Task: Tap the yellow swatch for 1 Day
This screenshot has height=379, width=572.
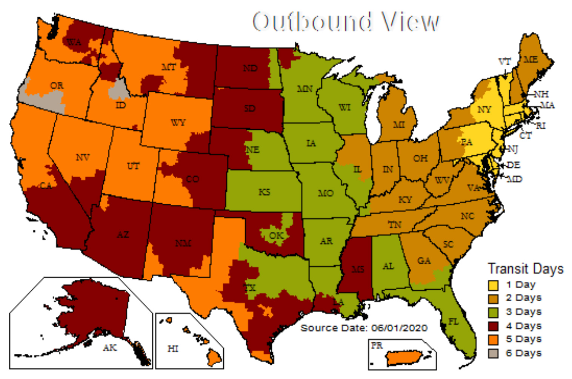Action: point(493,285)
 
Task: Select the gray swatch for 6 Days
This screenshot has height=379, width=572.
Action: point(493,353)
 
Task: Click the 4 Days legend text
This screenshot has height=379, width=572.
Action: point(524,326)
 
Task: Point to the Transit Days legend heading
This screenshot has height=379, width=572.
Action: point(526,269)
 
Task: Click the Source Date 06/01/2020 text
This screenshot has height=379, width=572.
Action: point(364,328)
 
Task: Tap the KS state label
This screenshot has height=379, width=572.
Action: point(264,192)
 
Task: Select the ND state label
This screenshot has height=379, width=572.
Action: point(250,68)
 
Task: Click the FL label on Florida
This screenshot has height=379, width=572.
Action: point(453,322)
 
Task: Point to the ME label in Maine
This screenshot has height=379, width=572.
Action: point(530,60)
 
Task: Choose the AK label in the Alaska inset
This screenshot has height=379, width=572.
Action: point(110,348)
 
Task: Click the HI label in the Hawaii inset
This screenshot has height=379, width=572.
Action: point(173,349)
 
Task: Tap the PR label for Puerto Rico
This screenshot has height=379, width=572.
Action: point(377,346)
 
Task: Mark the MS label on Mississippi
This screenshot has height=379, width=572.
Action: point(358,269)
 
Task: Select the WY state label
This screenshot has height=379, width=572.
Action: point(178,123)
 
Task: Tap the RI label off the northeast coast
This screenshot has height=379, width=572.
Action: point(541,126)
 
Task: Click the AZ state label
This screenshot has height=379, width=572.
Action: point(123,235)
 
